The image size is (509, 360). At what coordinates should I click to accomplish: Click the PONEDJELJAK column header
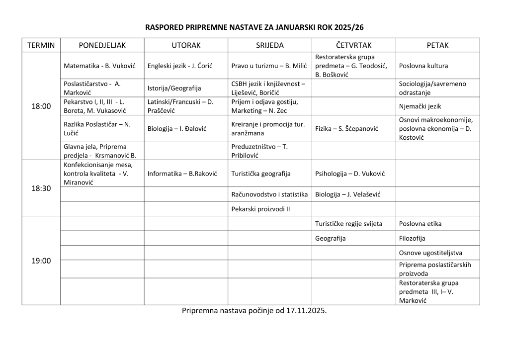coord(102,45)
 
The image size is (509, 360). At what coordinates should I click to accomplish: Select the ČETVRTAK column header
coord(353,45)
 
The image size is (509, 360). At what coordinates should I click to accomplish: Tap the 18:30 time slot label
coord(41,188)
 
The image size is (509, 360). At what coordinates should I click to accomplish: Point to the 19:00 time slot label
coord(41,261)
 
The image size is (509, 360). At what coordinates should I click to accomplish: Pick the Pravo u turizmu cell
coord(269,66)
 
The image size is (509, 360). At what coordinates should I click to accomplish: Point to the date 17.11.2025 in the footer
coord(307,311)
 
